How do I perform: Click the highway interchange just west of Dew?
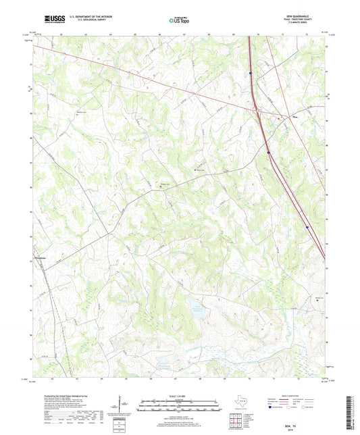pos(257,109)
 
